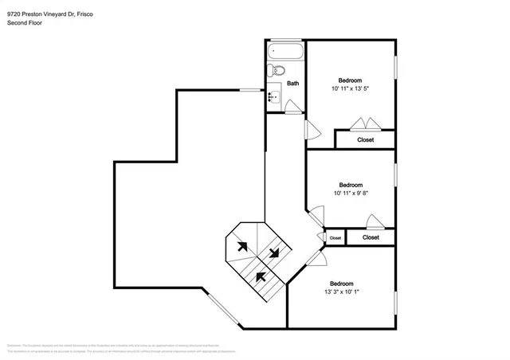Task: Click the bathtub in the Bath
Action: tap(285, 52)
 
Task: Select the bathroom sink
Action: tap(275, 96)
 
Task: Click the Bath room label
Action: tap(293, 83)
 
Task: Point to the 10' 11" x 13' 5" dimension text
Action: tap(351, 88)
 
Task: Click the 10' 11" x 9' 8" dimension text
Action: tap(351, 193)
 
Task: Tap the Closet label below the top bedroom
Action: tap(365, 139)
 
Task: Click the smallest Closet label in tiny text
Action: tap(335, 237)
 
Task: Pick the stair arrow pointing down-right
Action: tap(274, 252)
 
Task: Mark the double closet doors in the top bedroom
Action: tap(367, 123)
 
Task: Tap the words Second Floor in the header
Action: tap(25, 23)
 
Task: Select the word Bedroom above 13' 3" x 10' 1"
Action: tap(343, 283)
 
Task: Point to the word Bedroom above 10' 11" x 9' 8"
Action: tap(351, 184)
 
